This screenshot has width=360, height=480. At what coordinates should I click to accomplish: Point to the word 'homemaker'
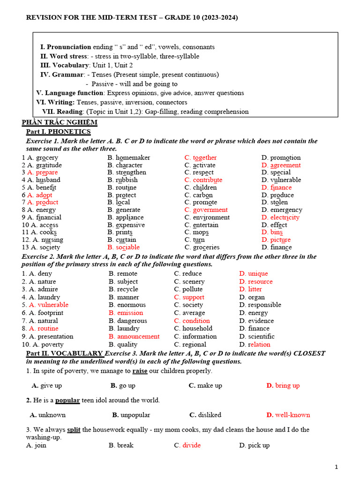pyautogui.click(x=133, y=157)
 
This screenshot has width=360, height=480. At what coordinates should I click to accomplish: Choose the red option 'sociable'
pyautogui.click(x=128, y=247)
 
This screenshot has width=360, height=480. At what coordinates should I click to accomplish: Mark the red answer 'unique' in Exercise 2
pyautogui.click(x=258, y=274)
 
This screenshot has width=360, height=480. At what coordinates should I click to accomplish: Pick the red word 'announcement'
pyautogui.click(x=138, y=337)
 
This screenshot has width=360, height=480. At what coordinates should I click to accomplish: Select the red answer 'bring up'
pyautogui.click(x=287, y=386)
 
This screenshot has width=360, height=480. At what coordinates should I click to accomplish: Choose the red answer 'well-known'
pyautogui.click(x=292, y=415)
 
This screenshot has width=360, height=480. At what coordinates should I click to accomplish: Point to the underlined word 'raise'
pyautogui.click(x=140, y=371)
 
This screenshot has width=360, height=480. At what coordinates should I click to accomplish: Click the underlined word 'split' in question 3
pyautogui.click(x=74, y=429)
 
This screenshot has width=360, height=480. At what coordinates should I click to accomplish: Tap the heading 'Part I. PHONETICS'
pyautogui.click(x=58, y=132)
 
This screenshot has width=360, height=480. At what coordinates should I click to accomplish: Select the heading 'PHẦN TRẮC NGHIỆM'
pyautogui.click(x=60, y=122)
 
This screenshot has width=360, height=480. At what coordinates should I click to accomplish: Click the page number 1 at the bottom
pyautogui.click(x=336, y=467)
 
